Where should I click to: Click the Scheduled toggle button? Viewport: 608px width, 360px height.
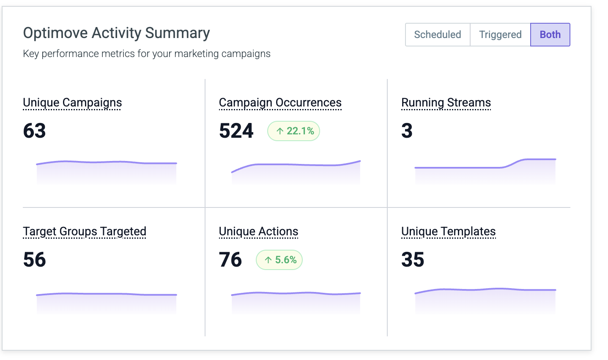coord(438,35)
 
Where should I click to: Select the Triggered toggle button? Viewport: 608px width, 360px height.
coord(500,35)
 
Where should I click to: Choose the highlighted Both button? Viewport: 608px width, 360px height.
coord(550,35)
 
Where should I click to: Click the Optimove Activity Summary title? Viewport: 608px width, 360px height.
coord(116,33)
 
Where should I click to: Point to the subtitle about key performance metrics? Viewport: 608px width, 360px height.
coord(147,54)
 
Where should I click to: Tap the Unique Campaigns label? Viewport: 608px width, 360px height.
coord(72,103)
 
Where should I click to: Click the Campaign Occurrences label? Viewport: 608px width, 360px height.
coord(280,103)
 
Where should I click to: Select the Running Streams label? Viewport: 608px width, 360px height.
coord(446,103)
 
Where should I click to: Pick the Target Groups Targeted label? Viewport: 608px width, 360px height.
coord(85,232)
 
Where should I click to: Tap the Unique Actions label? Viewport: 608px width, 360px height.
coord(258,232)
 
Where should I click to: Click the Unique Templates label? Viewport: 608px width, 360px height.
coord(449,232)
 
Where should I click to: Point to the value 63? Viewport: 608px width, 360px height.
coord(35,131)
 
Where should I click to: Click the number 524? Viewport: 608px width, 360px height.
coord(236,131)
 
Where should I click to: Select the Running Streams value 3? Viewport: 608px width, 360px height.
coord(407,131)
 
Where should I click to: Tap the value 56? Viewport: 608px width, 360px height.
coord(35,259)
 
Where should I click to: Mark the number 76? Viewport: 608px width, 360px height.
coord(230,259)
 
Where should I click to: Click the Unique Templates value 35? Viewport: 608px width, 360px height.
coord(413,259)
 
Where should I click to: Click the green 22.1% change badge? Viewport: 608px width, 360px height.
coord(293,131)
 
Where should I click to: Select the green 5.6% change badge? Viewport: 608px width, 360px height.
coord(279,260)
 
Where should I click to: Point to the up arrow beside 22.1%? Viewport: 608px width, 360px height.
coord(280,131)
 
